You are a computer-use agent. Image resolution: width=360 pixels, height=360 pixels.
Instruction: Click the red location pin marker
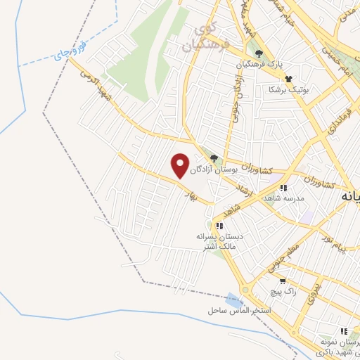click(x=181, y=166)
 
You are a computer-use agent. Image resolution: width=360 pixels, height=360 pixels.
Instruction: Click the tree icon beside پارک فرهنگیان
click(x=259, y=53)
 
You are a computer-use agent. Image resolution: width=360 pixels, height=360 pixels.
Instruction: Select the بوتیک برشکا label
click(x=289, y=90)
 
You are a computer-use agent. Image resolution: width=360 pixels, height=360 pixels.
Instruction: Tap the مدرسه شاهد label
click(x=283, y=199)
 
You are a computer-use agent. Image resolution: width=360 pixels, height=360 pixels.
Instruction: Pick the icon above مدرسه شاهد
click(x=283, y=188)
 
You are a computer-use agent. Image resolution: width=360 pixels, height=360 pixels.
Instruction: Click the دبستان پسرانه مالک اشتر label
click(x=219, y=242)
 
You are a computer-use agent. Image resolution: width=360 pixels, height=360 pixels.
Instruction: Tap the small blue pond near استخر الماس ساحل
click(x=235, y=300)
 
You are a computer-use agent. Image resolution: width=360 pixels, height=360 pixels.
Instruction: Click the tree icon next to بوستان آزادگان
click(x=214, y=159)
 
